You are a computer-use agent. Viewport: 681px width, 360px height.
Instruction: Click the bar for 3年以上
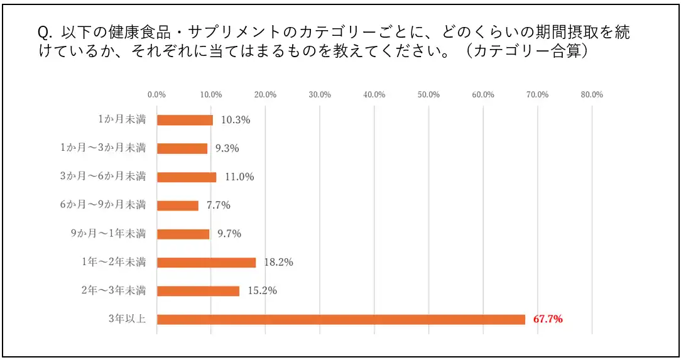point(340,319)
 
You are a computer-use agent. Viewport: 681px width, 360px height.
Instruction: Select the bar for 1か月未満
point(185,120)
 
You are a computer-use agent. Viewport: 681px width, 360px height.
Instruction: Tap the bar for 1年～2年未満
point(206,263)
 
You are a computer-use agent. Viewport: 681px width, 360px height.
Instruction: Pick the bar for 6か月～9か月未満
point(177,205)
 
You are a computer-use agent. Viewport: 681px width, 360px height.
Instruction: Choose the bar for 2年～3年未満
point(198,291)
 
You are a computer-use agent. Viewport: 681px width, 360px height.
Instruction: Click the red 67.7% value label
point(548,319)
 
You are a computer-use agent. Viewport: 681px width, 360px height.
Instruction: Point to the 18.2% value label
point(278,263)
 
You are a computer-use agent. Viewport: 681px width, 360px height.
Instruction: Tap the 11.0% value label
point(239,177)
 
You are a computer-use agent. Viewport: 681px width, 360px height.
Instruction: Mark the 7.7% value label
point(218,205)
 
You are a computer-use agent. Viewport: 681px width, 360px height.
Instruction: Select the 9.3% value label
point(227,148)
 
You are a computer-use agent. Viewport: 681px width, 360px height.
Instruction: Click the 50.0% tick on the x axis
point(428,95)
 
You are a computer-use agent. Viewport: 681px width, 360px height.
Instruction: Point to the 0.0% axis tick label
point(156,95)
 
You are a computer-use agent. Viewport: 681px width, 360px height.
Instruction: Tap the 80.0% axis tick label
point(592,95)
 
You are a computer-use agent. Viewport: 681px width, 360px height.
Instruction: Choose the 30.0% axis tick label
point(320,95)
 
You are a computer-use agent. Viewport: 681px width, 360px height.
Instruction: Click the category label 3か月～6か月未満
point(103,177)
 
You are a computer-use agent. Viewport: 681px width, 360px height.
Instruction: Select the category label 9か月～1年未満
point(108,234)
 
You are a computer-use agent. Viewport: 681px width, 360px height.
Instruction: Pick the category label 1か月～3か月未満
point(103,148)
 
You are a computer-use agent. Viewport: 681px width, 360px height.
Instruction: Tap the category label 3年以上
point(127,319)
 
